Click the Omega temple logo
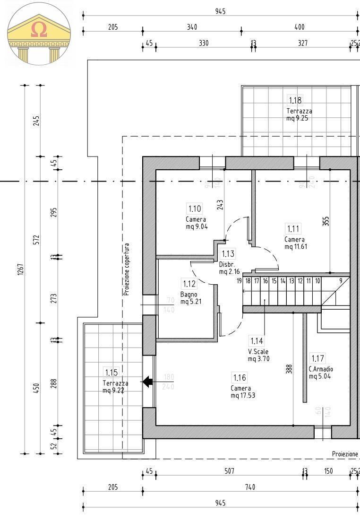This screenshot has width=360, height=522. pyautogui.click(x=39, y=33)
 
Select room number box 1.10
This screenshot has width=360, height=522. pyautogui.click(x=195, y=209)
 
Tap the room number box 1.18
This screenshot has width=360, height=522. pyautogui.click(x=295, y=100)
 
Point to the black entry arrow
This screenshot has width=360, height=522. pyautogui.click(x=148, y=382)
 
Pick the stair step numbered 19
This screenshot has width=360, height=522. pyautogui.click(x=240, y=281)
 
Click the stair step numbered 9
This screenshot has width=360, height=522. pyautogui.click(x=340, y=281)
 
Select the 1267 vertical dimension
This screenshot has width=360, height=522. pyautogui.click(x=21, y=270)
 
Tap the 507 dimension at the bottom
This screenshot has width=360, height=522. pyautogui.click(x=229, y=471)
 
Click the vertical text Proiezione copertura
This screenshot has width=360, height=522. pyautogui.click(x=127, y=270)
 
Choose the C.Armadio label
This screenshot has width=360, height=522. pyautogui.click(x=321, y=369)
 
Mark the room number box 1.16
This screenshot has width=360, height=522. pyautogui.click(x=240, y=377)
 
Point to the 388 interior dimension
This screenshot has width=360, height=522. pyautogui.click(x=289, y=369)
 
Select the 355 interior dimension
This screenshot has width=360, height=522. pyautogui.click(x=326, y=221)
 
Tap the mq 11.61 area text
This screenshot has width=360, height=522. pyautogui.click(x=296, y=246)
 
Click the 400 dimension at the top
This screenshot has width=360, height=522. pyautogui.click(x=299, y=27)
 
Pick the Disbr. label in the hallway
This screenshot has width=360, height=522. pyautogui.click(x=225, y=264)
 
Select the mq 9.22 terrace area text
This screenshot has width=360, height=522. pyautogui.click(x=115, y=390)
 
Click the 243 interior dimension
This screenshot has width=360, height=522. pyautogui.click(x=220, y=204)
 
